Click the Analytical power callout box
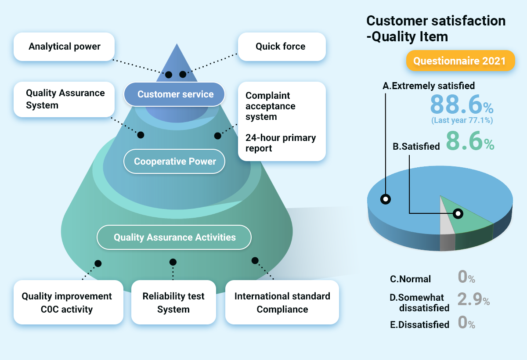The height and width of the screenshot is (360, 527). pyautogui.click(x=64, y=47)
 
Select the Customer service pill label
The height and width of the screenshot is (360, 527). pyautogui.click(x=175, y=94)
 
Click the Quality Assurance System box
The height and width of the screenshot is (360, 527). pyautogui.click(x=64, y=99)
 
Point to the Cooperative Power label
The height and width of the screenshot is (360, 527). pyautogui.click(x=174, y=162)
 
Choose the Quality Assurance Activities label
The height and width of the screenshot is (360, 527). pyautogui.click(x=174, y=238)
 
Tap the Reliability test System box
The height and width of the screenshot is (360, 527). pyautogui.click(x=173, y=302)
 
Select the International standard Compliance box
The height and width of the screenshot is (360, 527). pyautogui.click(x=282, y=302)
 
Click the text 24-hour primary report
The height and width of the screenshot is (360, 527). pyautogui.click(x=280, y=143)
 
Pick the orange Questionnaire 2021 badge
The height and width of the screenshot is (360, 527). pyautogui.click(x=460, y=61)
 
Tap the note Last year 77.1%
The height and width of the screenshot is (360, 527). pyautogui.click(x=462, y=120)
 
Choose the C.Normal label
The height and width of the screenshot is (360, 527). pyautogui.click(x=410, y=279)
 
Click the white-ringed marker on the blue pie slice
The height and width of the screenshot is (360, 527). pyautogui.click(x=385, y=199)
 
